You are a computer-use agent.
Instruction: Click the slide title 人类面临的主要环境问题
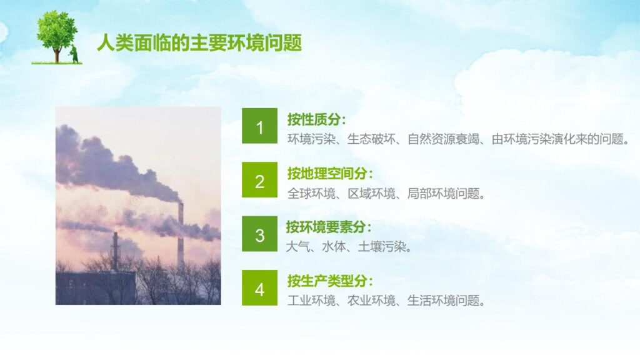pyautogui.click(x=199, y=43)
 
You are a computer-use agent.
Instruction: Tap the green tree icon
pyautogui.click(x=56, y=34)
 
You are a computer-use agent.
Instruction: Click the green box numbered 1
pyautogui.click(x=260, y=127)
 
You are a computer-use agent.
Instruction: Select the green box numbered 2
pyautogui.click(x=260, y=181)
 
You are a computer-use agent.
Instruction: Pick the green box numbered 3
pyautogui.click(x=260, y=235)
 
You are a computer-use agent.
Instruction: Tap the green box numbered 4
pyautogui.click(x=260, y=289)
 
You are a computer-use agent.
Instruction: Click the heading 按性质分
pyautogui.click(x=316, y=119)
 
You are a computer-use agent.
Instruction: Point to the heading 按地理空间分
pyautogui.click(x=329, y=174)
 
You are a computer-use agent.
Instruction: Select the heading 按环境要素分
pyautogui.click(x=329, y=227)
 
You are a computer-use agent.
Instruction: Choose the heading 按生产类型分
pyautogui.click(x=329, y=281)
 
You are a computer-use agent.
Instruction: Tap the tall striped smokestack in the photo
pyautogui.click(x=181, y=234)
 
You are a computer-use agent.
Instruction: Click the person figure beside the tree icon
pyautogui.click(x=74, y=54)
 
